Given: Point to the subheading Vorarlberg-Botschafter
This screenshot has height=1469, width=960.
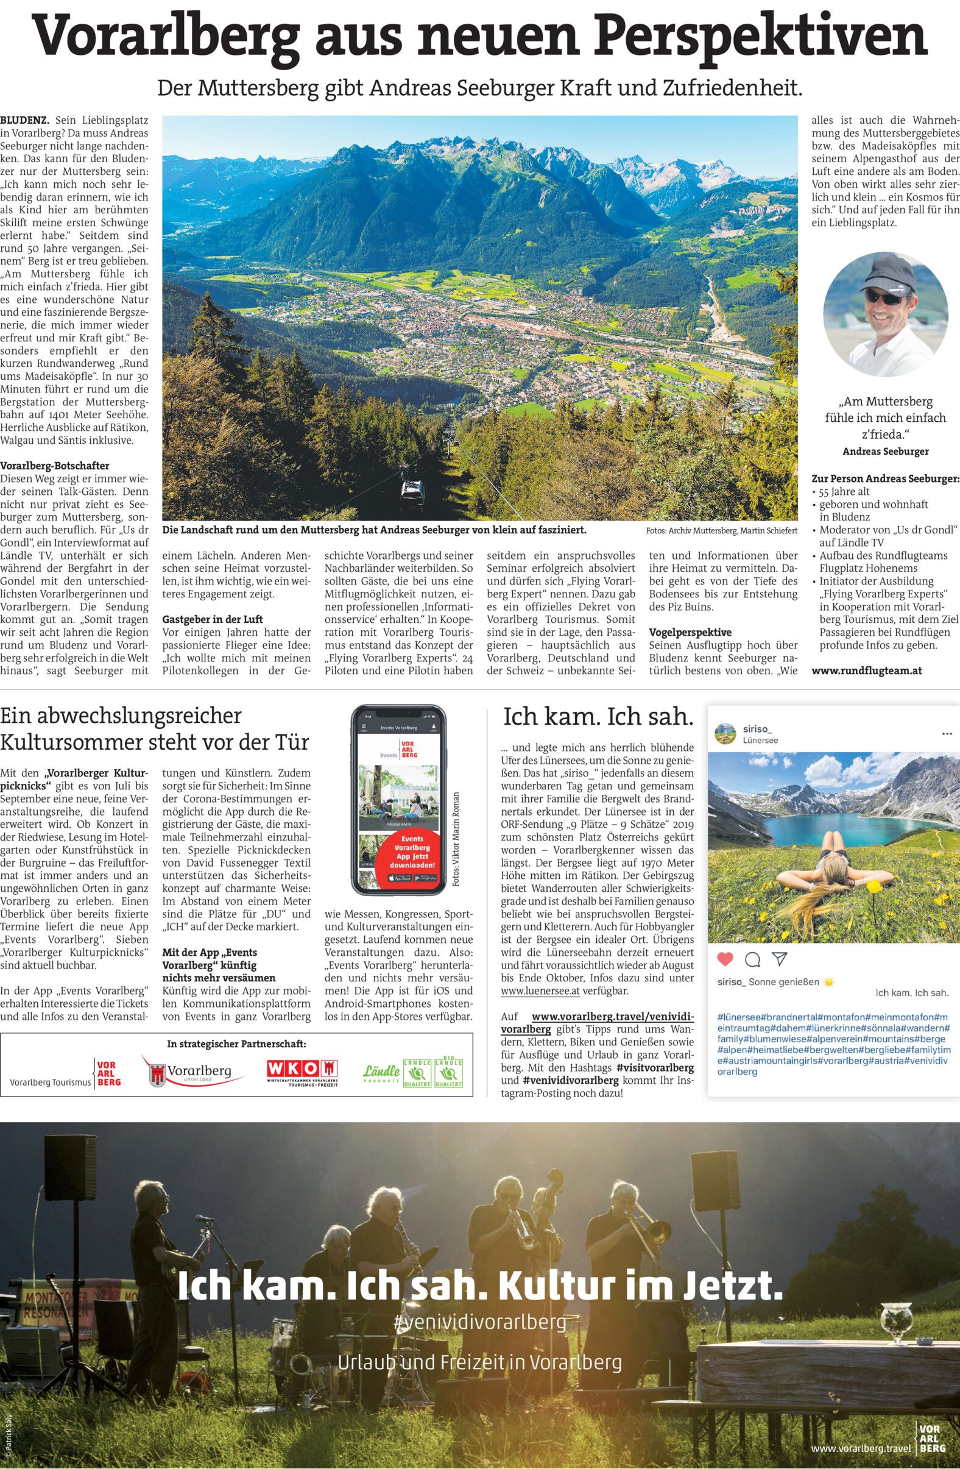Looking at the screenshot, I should coord(55,466).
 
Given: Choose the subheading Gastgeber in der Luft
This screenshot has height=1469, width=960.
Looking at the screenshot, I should coord(213,619).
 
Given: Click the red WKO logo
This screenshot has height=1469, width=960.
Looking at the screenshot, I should coord(303,1070).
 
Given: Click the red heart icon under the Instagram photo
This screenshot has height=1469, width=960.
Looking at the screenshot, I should coord(725,959).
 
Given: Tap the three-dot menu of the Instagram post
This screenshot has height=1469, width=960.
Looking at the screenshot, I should coord(947,734).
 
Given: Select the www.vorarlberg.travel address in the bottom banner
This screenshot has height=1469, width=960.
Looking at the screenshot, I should coord(860,1446).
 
